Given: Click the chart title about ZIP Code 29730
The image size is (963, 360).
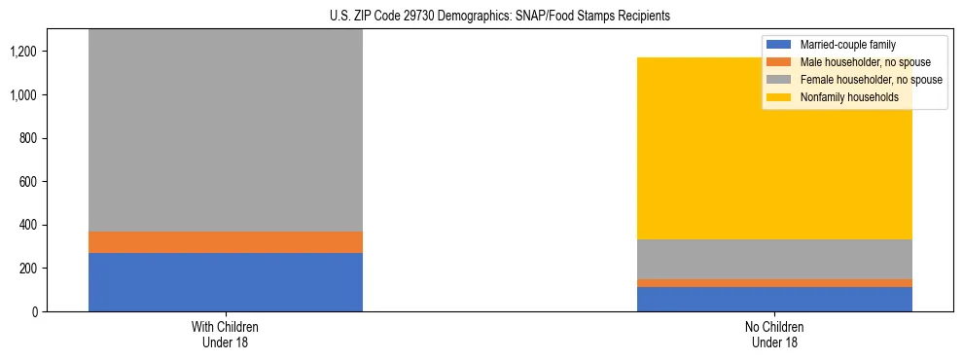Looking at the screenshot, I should coord(481,17).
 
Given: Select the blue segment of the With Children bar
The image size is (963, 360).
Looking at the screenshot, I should coord(226,282).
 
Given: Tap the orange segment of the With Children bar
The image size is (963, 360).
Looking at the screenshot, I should coord(226,242).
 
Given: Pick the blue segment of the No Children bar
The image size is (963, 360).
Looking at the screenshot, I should coord(774,299).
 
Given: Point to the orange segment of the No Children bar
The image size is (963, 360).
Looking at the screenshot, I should coord(774,283).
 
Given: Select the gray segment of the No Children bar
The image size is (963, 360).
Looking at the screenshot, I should coord(774,259).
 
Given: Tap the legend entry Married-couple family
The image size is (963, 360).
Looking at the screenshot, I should coord(846,45).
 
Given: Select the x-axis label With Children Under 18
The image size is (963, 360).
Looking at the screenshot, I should coord(226,334).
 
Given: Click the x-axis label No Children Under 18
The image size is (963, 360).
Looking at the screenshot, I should coord(774,334).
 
